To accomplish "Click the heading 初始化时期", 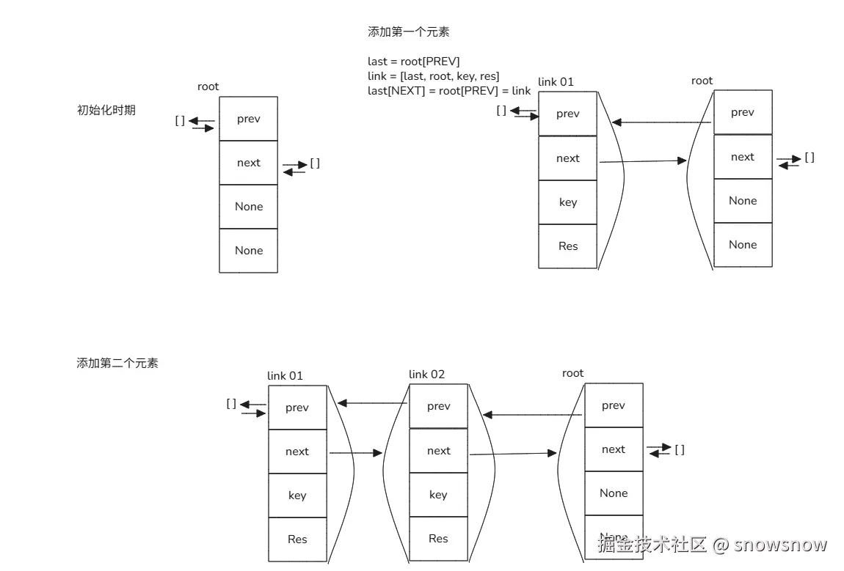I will [x=106, y=111].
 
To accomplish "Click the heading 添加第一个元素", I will [x=408, y=32].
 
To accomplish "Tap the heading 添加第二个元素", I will [x=117, y=363].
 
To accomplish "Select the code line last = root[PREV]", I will [x=414, y=62].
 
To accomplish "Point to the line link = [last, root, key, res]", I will [x=434, y=76].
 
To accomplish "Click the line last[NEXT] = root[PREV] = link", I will [x=449, y=91].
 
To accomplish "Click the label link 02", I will [x=426, y=375].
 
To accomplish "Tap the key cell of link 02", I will [x=438, y=495].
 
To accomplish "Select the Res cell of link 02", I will [x=438, y=539].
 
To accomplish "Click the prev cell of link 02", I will [x=438, y=406].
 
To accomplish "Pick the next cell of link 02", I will [x=438, y=451].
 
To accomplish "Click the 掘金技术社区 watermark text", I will [x=652, y=545].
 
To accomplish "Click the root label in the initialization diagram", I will [x=208, y=86].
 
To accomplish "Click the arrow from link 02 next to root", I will [x=512, y=454].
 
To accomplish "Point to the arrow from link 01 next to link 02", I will [x=356, y=453].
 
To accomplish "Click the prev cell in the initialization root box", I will [x=249, y=119].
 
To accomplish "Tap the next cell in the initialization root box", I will [x=249, y=163].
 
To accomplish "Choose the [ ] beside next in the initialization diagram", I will [x=315, y=163].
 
